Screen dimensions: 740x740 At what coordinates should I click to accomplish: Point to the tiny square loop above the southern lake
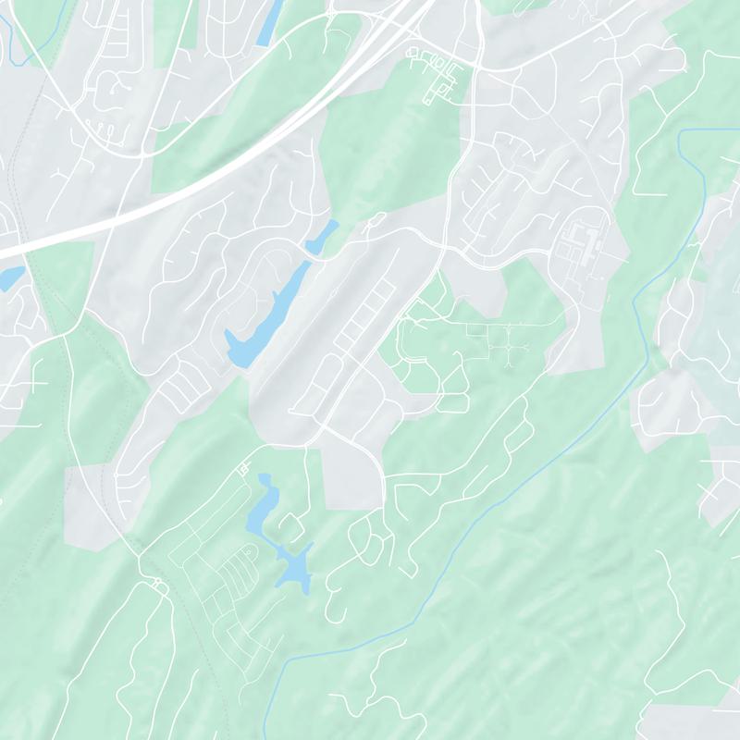tap(244, 469)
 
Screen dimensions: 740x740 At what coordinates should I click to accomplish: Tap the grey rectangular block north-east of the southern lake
tap(351, 476)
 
